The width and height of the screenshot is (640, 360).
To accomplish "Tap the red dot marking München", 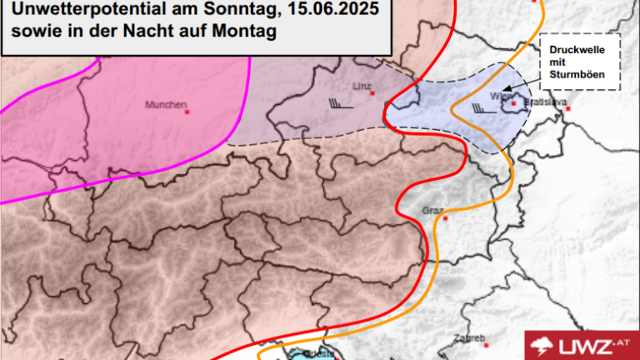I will pyautogui.click(x=187, y=111).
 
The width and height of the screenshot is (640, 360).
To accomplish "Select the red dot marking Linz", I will pyautogui.click(x=385, y=92).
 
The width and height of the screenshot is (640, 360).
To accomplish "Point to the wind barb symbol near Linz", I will pyautogui.click(x=338, y=103).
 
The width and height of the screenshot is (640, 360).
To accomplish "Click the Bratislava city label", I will pyautogui.click(x=548, y=102).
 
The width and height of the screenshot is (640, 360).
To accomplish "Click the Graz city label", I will pyautogui.click(x=432, y=209).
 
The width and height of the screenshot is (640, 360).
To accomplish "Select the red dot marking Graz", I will pyautogui.click(x=446, y=218).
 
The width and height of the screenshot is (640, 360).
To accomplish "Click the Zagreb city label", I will pyautogui.click(x=468, y=338).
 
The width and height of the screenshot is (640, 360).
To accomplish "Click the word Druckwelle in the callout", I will pyautogui.click(x=570, y=50).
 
